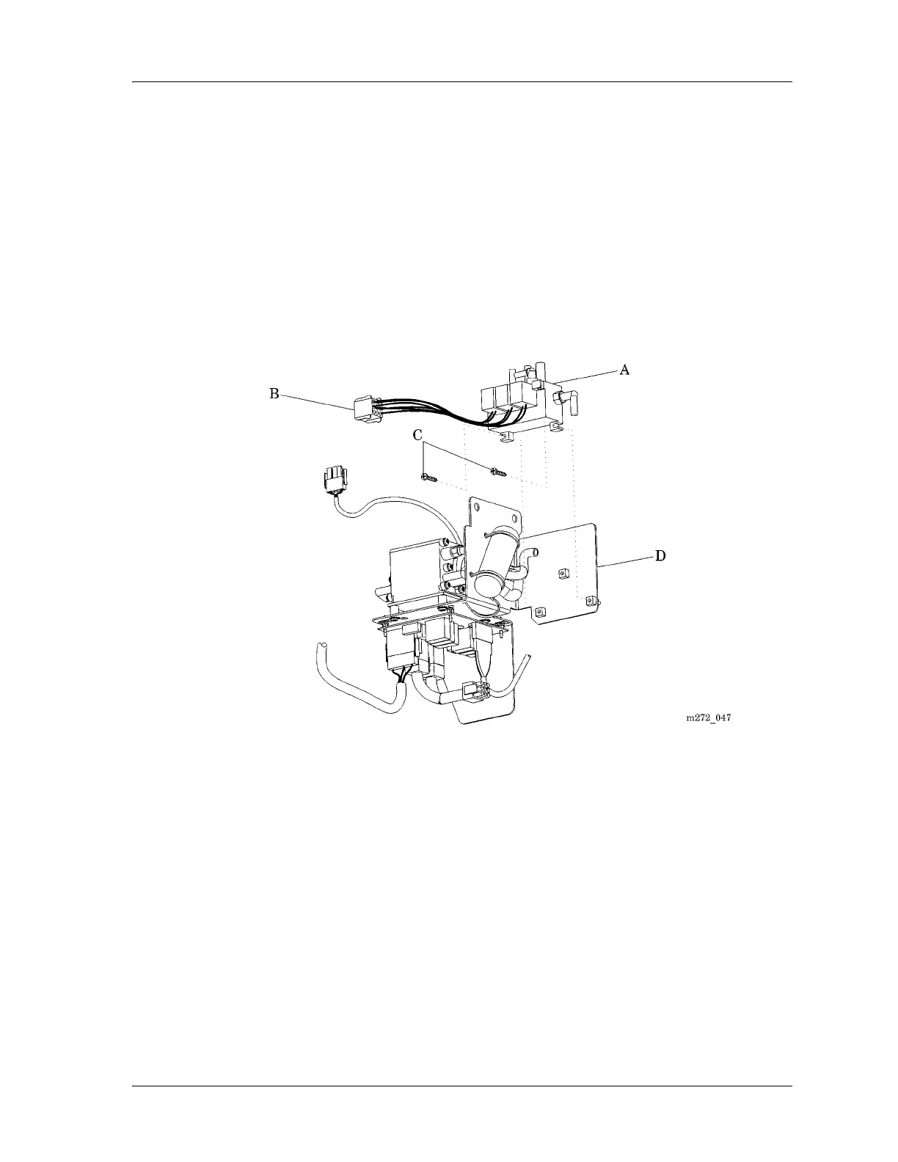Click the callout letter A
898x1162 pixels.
click(624, 370)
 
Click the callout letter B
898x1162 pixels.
click(274, 394)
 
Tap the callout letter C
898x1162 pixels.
click(417, 435)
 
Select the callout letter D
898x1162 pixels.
click(660, 556)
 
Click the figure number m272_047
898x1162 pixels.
click(708, 718)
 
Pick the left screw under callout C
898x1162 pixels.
click(429, 478)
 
